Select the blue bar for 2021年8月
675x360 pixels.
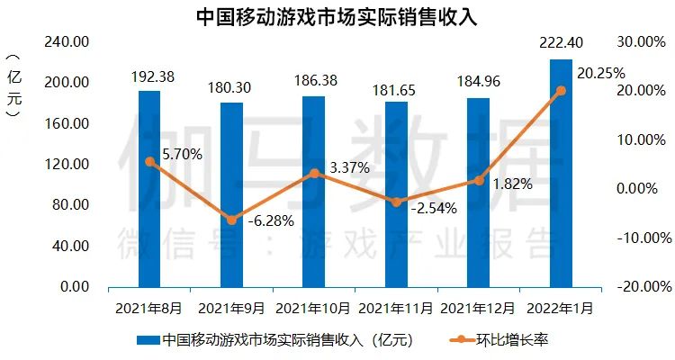tap(149, 189)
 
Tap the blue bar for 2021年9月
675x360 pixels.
tap(231, 194)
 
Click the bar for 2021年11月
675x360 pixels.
tap(396, 193)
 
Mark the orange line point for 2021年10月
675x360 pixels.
tap(314, 173)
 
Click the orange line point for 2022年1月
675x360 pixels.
tap(561, 90)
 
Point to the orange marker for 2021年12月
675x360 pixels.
tap(479, 180)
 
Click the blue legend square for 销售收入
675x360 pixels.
tap(147, 341)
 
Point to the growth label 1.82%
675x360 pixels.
tap(514, 184)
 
